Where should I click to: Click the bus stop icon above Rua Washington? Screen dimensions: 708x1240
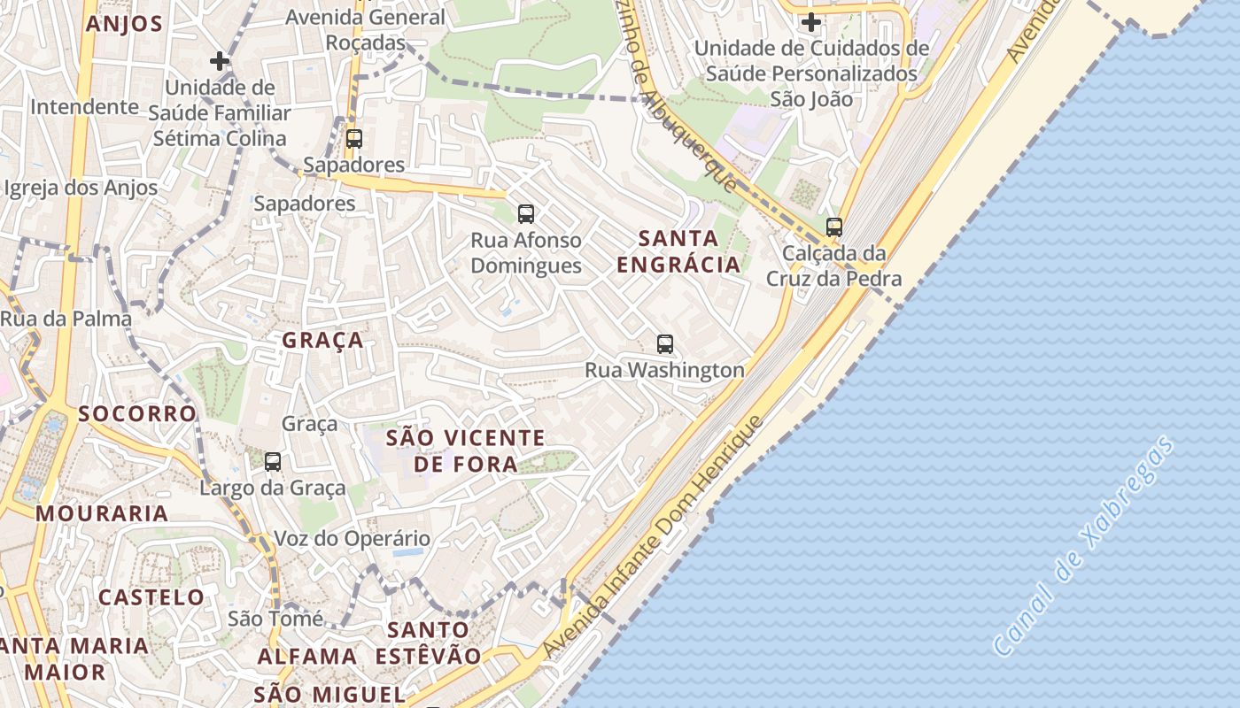click(x=665, y=344)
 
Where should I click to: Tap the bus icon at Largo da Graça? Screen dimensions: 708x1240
click(x=273, y=461)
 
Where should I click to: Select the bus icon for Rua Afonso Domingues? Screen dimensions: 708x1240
click(x=526, y=213)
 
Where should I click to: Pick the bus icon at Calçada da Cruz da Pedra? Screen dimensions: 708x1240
click(x=833, y=227)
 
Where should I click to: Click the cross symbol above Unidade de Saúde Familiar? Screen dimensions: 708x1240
click(x=220, y=61)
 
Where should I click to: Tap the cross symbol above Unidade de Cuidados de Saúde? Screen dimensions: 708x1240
click(x=810, y=21)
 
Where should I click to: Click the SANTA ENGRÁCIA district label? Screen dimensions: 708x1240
click(x=678, y=251)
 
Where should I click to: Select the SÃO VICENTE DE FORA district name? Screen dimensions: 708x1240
click(x=466, y=450)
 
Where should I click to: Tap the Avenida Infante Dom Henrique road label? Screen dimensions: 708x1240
click(x=653, y=537)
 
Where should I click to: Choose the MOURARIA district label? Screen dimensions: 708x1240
click(x=102, y=513)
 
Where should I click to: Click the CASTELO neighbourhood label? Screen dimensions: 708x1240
click(x=151, y=597)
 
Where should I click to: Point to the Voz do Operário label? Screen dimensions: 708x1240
click(x=352, y=538)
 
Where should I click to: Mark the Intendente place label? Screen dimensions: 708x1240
click(x=85, y=107)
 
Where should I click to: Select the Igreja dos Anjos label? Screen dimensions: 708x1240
click(x=81, y=188)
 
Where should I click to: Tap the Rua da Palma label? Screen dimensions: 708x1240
click(x=66, y=319)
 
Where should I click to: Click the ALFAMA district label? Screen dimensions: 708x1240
click(x=307, y=657)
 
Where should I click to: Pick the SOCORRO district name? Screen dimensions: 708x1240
click(x=137, y=413)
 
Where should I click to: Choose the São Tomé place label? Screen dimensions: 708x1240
click(x=275, y=618)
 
